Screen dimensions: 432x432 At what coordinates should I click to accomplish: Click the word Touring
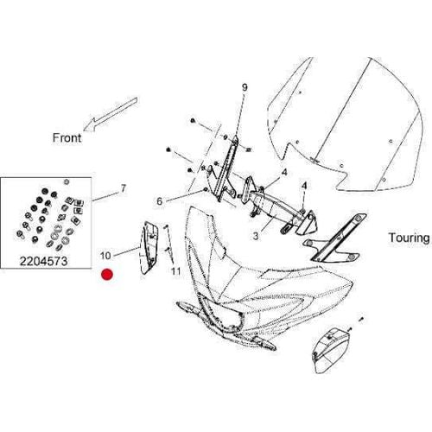pyautogui.click(x=406, y=237)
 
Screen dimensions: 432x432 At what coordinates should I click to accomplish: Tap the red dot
pyautogui.click(x=107, y=275)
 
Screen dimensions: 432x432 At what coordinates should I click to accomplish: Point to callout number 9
pyautogui.click(x=245, y=88)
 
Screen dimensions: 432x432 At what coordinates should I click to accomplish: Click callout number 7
pyautogui.click(x=123, y=187)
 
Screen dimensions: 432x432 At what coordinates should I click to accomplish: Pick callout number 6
pyautogui.click(x=159, y=201)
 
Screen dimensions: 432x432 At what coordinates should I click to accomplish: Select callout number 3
pyautogui.click(x=256, y=235)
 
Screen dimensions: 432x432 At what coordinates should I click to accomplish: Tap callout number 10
pyautogui.click(x=105, y=256)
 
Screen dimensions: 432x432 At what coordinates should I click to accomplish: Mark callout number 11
pyautogui.click(x=176, y=272)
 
